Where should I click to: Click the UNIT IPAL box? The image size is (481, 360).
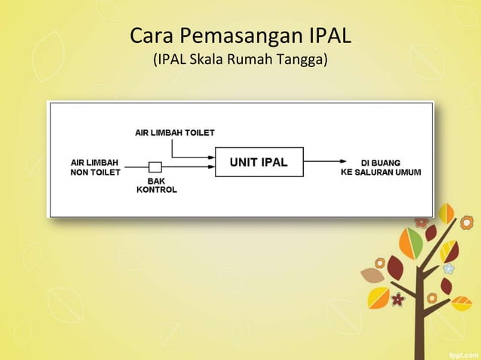point(259,162)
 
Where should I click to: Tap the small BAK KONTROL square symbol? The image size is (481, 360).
point(155,166)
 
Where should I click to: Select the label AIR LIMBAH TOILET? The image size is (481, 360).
point(174,133)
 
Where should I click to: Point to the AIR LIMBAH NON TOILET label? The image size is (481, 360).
point(94,166)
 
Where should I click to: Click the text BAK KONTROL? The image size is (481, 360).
point(156,185)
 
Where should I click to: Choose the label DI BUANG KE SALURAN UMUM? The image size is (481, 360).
point(381,167)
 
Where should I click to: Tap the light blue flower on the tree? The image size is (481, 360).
point(449,268)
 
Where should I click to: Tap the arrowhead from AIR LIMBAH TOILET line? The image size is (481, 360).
point(210,157)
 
